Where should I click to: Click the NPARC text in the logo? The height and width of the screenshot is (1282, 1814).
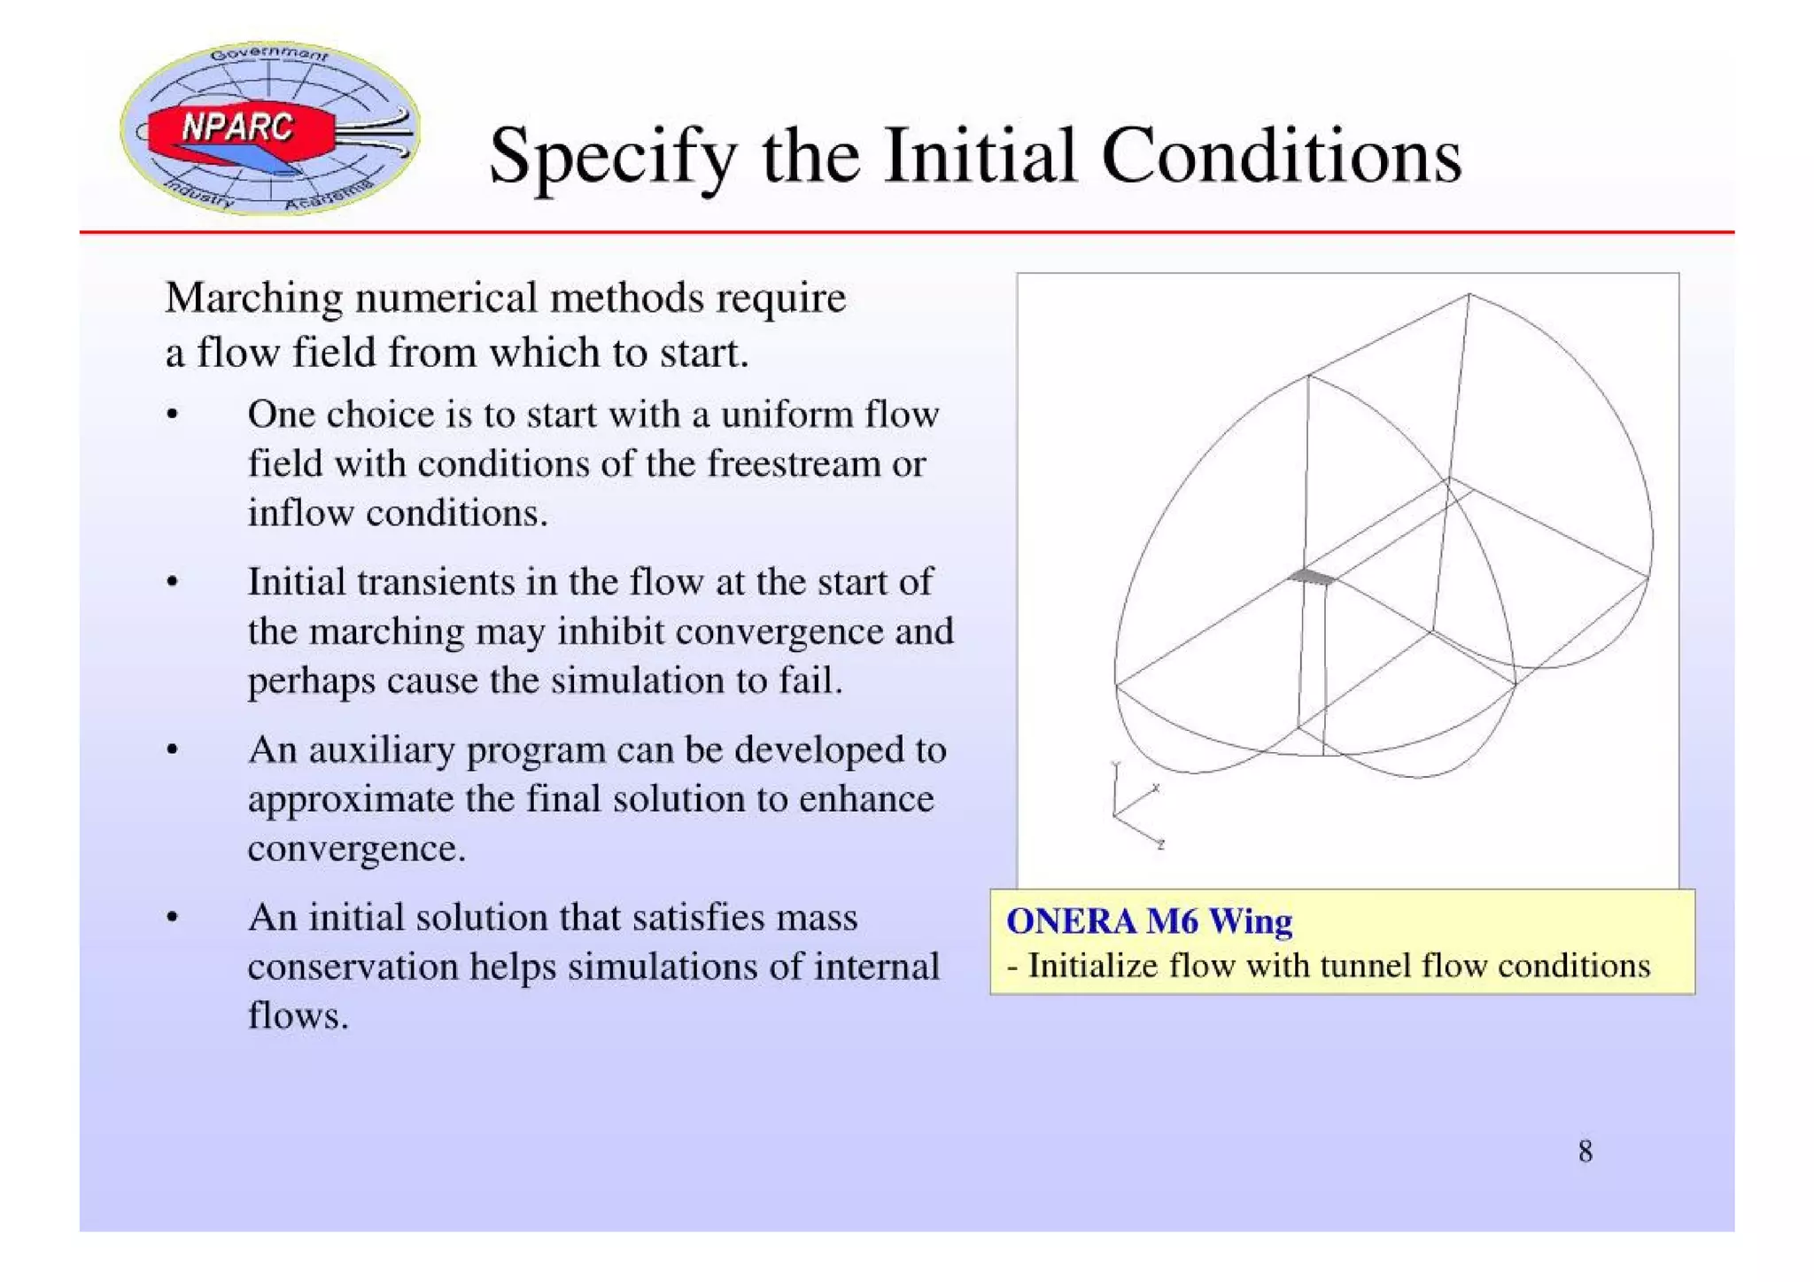coord(236,128)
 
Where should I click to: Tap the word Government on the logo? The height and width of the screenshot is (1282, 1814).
coord(269,53)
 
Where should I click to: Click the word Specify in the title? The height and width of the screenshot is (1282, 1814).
coord(612,157)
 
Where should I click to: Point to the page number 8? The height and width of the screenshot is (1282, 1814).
coord(1585,1152)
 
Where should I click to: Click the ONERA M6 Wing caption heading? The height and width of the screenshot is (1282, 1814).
coord(1149,921)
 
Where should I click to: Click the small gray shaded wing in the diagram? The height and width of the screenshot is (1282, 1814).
coord(1312,578)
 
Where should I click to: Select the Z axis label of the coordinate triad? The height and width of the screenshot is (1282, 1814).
coord(1160,845)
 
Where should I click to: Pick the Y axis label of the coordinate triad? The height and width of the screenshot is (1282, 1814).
coord(1116,764)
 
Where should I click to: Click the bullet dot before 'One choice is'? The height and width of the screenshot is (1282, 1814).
coord(173,415)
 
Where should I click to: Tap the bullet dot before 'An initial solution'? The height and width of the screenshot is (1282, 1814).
coord(173,918)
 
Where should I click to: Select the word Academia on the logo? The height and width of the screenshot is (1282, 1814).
coord(328,196)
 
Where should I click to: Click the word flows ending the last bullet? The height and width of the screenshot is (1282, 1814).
coord(297,1015)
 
